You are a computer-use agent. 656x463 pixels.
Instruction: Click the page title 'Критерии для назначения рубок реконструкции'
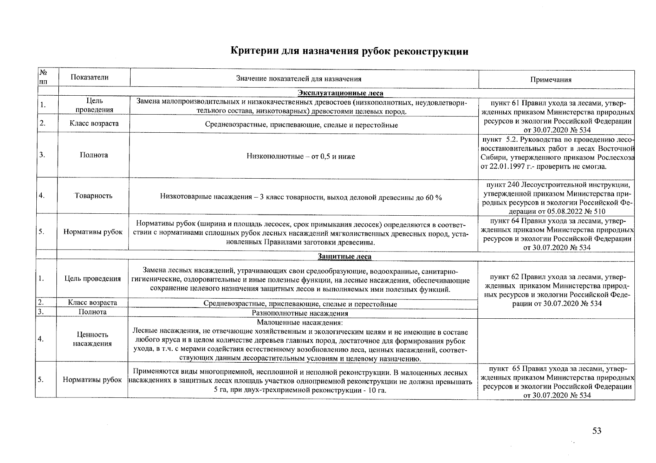click(x=349, y=51)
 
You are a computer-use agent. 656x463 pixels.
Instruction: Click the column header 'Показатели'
click(x=90, y=77)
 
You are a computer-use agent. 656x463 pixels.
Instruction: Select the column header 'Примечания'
click(x=556, y=80)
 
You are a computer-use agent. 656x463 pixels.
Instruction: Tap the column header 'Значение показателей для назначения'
click(x=299, y=79)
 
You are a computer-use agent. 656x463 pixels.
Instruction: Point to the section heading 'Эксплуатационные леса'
click(x=340, y=93)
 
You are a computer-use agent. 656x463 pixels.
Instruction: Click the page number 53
click(x=597, y=431)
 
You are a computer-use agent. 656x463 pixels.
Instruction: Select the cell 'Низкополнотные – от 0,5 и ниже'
click(x=301, y=157)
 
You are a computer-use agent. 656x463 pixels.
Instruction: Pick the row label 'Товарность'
click(x=93, y=196)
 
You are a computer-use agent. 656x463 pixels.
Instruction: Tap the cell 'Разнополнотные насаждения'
click(x=300, y=313)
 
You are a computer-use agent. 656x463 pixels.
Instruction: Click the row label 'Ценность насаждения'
click(x=92, y=339)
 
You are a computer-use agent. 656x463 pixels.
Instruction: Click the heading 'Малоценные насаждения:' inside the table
click(x=299, y=323)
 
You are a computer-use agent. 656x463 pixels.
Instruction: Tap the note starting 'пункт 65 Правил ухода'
click(x=556, y=382)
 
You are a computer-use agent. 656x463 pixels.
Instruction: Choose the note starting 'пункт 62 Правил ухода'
click(x=556, y=290)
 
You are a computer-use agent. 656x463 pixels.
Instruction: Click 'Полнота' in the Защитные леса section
click(x=92, y=312)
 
